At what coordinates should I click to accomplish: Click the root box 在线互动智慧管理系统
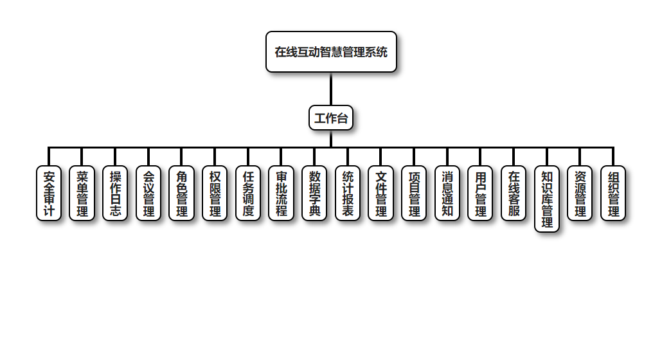click(x=331, y=52)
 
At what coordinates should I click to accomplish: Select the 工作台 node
click(x=331, y=118)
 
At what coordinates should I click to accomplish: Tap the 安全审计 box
click(x=49, y=194)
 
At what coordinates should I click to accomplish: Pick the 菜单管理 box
click(x=82, y=194)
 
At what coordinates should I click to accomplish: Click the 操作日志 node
click(x=115, y=194)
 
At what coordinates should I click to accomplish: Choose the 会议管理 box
click(x=148, y=194)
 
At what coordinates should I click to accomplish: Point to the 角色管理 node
click(x=181, y=194)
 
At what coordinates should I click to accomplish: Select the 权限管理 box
click(x=215, y=194)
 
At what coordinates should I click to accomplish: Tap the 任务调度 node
click(x=248, y=194)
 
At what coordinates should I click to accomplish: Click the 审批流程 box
click(x=281, y=194)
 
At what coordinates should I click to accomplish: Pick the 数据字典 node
click(x=314, y=194)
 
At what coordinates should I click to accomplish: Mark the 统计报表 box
click(x=348, y=194)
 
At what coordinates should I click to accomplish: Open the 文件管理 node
click(x=381, y=194)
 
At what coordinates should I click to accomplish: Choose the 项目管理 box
click(x=414, y=194)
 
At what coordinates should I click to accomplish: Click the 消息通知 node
click(x=447, y=194)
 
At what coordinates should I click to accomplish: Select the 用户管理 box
click(x=480, y=194)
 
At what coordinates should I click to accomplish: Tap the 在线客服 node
click(x=514, y=194)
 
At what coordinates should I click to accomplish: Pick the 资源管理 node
click(x=580, y=194)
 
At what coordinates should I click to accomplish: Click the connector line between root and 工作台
click(x=331, y=89)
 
